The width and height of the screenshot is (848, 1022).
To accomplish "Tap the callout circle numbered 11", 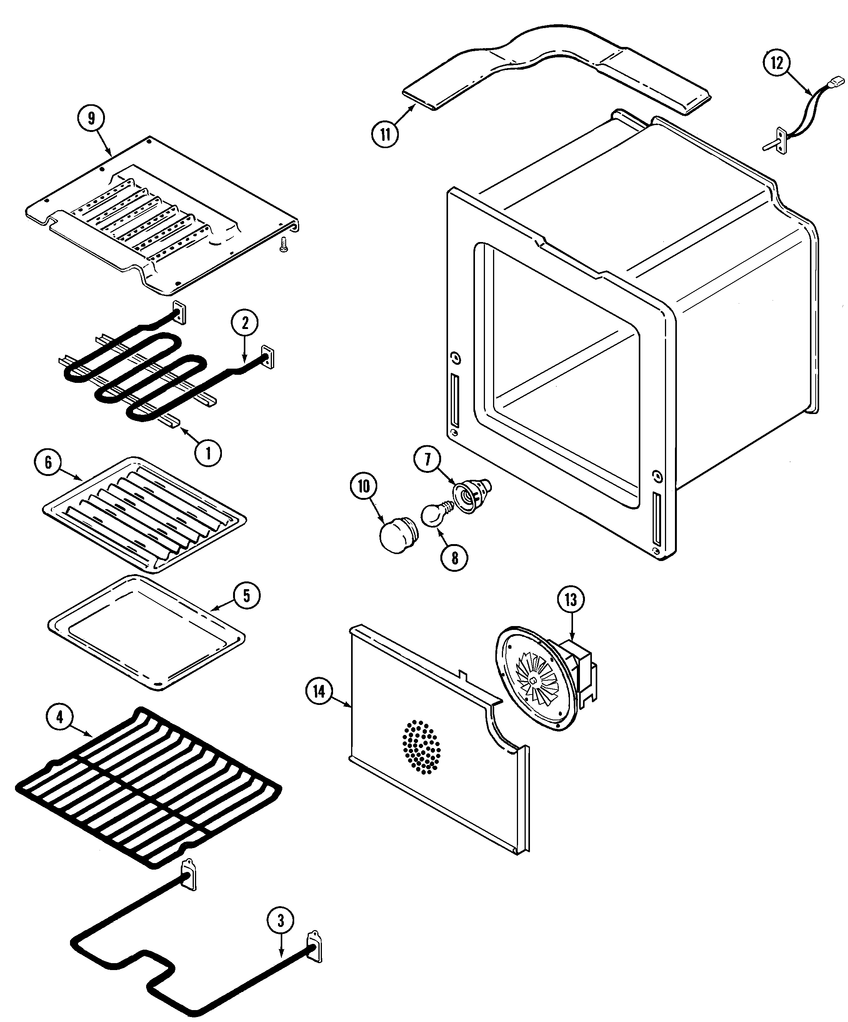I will coord(385,134).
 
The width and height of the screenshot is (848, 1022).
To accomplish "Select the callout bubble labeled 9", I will coord(92,119).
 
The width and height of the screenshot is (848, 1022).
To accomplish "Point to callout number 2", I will coord(245,323).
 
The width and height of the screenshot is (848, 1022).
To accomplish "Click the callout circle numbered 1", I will coord(208,453).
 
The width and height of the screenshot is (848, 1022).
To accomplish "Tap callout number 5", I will coord(246,596).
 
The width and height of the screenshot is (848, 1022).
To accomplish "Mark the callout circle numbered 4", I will coord(59,717).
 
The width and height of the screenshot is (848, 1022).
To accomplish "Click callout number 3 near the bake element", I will coord(280,921).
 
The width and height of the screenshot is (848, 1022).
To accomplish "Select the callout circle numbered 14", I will coord(319,691).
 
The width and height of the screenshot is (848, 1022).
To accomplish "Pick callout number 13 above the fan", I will coord(571,600).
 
